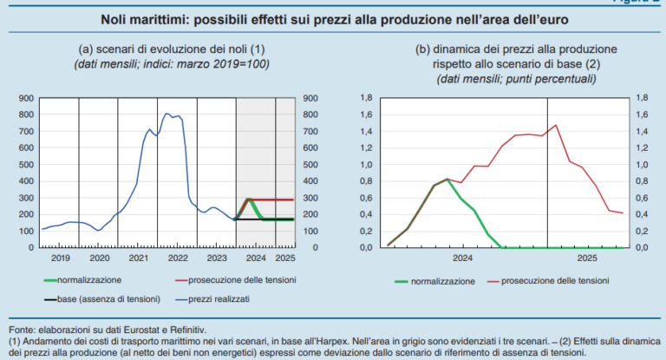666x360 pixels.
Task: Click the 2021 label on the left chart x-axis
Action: (138, 259)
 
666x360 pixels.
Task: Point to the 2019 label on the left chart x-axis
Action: (60, 259)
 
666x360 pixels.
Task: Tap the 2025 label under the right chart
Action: (586, 259)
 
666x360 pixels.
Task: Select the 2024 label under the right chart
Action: (461, 259)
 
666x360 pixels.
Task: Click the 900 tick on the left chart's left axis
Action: (25, 98)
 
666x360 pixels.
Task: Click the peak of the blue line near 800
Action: (166, 114)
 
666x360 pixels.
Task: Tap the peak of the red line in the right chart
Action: (555, 125)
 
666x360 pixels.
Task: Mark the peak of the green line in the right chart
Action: (447, 180)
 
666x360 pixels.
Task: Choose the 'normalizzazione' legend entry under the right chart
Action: (442, 282)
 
